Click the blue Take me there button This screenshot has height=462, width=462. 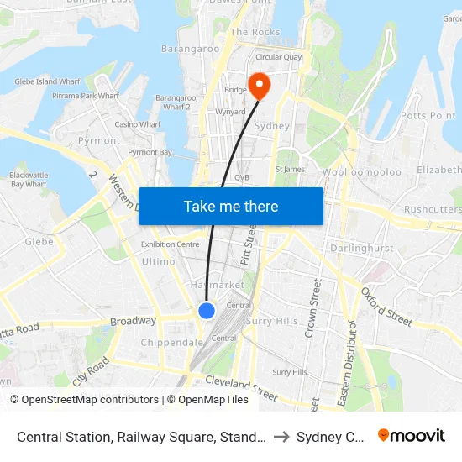(x=231, y=206)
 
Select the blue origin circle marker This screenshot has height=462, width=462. (x=207, y=311)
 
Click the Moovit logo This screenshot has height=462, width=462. (x=412, y=435)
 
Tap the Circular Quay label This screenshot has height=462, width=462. (x=279, y=57)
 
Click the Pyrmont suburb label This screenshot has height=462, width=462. (x=99, y=141)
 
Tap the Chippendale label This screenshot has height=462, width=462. (x=172, y=343)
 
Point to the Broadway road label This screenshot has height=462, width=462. (x=133, y=321)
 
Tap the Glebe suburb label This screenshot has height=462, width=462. (x=39, y=242)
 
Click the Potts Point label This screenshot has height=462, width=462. (x=428, y=114)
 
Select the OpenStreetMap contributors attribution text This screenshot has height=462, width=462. (x=90, y=400)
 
